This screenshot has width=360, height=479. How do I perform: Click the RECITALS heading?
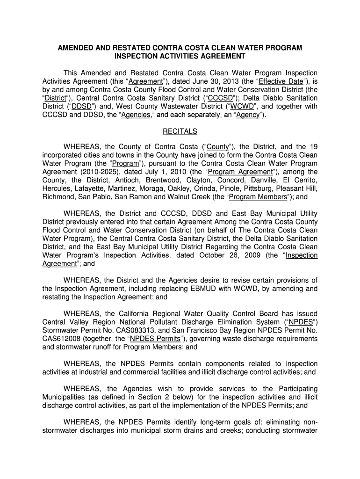point(180,131)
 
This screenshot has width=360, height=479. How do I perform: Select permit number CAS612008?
point(59,339)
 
